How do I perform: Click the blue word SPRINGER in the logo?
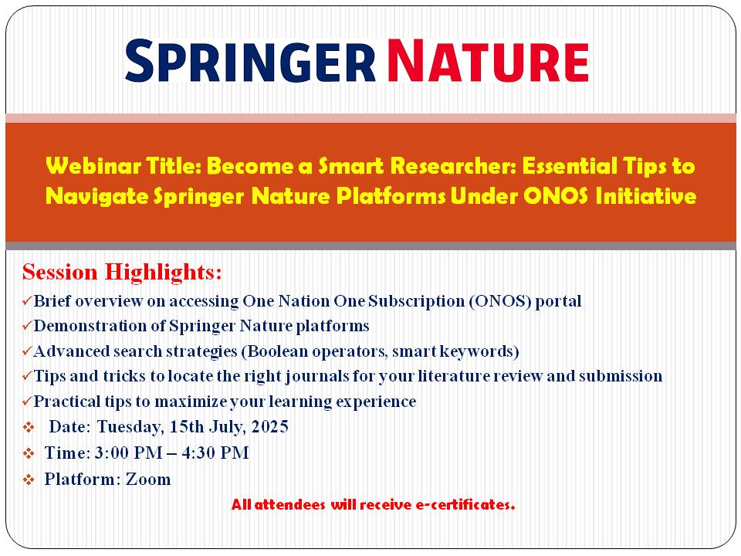click(x=250, y=61)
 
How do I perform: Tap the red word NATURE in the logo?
click(x=488, y=61)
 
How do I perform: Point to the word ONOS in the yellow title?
click(x=555, y=195)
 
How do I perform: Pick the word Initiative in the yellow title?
click(x=645, y=195)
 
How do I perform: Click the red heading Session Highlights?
click(x=122, y=273)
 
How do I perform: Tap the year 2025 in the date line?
click(x=270, y=426)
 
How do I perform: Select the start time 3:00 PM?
click(x=129, y=453)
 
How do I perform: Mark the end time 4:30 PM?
click(x=215, y=453)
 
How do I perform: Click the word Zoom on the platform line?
click(x=148, y=480)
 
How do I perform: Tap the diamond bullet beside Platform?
click(x=29, y=480)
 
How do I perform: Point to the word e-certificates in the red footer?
click(x=465, y=504)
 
